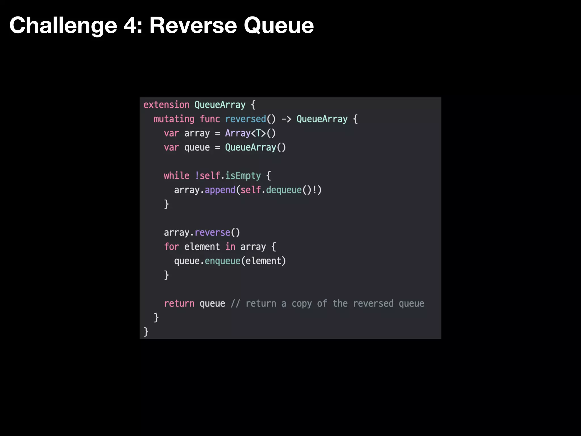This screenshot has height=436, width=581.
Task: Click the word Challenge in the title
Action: (63, 26)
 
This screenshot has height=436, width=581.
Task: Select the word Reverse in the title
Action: (193, 26)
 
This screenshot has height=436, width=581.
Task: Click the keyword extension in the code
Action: (166, 105)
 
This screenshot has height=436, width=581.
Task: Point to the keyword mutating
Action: (174, 119)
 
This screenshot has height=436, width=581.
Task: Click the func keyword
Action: (210, 119)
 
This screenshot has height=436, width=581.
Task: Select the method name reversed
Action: (245, 119)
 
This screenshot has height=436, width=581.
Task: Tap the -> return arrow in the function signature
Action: (286, 119)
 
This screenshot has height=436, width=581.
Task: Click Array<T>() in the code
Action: (250, 133)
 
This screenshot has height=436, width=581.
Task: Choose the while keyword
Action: (176, 176)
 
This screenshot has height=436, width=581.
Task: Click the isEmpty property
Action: (243, 176)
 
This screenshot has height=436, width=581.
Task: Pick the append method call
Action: (220, 190)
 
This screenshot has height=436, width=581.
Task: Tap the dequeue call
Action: (284, 190)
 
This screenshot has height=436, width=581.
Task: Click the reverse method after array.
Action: (212, 232)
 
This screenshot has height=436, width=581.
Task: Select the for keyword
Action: (171, 247)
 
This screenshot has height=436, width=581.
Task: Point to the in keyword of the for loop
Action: (230, 247)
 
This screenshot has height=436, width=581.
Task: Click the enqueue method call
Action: (222, 261)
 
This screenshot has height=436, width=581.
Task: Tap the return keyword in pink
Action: (179, 303)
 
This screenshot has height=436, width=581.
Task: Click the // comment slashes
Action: (235, 303)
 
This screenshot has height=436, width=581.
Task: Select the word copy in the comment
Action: (302, 303)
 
